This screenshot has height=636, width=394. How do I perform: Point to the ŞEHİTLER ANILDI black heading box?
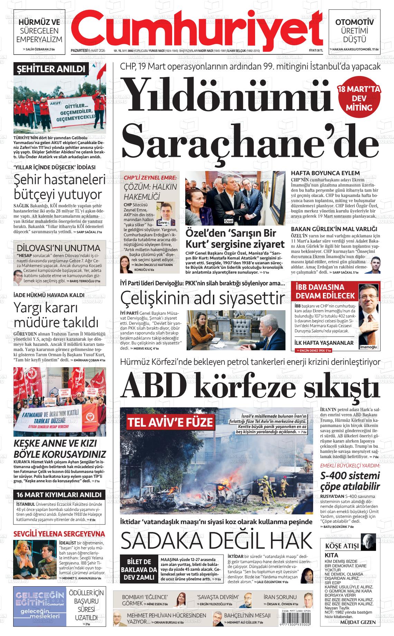50,69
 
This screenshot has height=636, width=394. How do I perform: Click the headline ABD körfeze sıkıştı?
251,385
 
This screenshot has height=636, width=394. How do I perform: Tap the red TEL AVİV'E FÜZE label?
170,422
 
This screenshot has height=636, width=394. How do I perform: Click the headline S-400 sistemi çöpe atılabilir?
350,481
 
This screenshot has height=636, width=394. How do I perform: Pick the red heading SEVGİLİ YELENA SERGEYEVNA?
59,534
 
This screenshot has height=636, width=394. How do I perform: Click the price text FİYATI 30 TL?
316,51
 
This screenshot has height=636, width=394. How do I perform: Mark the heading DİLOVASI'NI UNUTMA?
58,248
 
